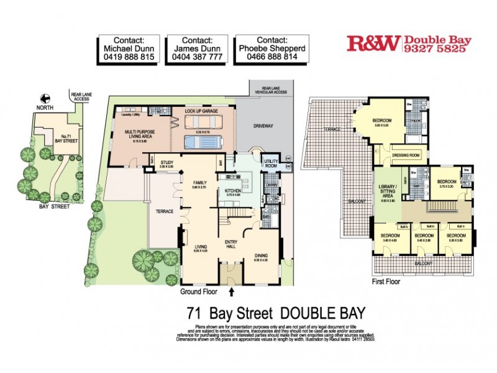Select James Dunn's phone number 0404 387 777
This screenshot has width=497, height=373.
tap(198, 57)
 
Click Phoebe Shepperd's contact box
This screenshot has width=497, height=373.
tap(268, 47)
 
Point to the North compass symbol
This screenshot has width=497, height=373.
tap(44, 98)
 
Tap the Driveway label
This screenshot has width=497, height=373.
tap(263, 126)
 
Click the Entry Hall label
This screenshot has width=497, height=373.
tap(231, 244)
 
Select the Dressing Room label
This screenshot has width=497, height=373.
tap(406, 155)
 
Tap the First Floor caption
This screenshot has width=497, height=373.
tap(386, 282)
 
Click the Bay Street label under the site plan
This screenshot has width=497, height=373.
tap(53, 206)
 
